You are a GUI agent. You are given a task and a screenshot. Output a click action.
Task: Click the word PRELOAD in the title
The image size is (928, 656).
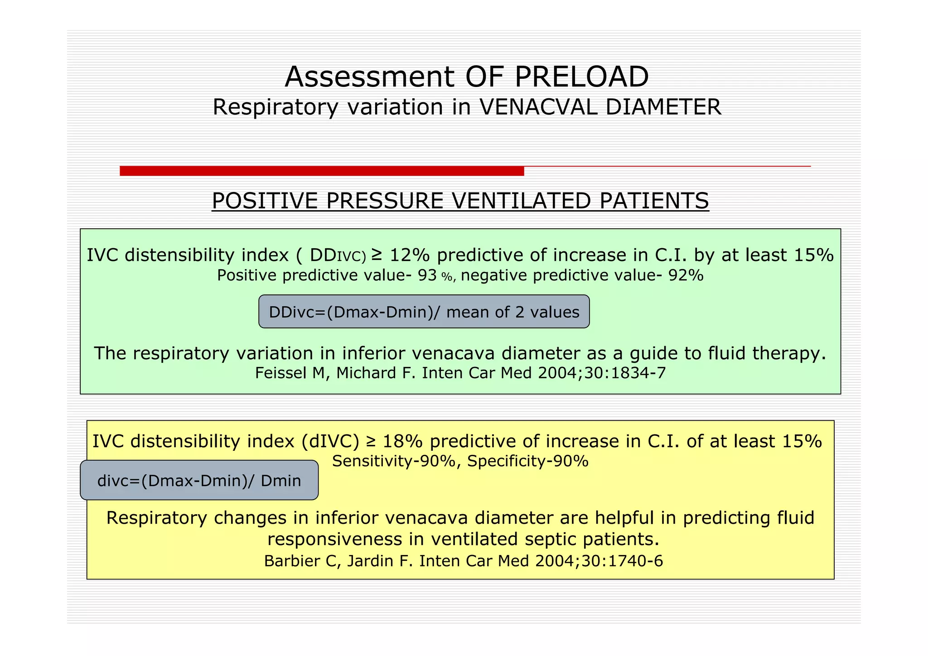click(581, 77)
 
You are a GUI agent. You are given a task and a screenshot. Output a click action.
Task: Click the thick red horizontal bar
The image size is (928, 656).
click(322, 171)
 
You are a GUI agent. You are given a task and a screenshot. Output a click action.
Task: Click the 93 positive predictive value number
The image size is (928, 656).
click(427, 275)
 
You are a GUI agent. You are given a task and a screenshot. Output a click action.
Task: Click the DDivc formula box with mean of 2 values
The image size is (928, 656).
click(424, 312)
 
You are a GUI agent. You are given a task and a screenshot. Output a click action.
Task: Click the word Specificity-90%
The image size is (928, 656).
click(528, 461)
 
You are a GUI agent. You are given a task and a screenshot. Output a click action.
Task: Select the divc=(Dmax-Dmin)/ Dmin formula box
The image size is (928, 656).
click(199, 480)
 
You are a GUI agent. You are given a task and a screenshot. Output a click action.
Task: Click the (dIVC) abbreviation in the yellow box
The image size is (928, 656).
click(330, 441)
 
